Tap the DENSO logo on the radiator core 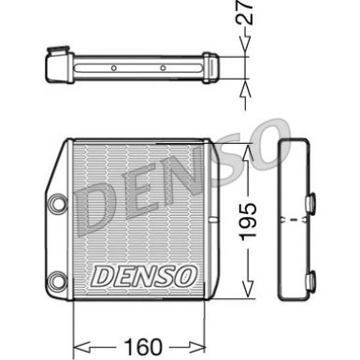pyautogui.click(x=143, y=276)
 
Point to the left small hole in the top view pyautogui.click(x=114, y=68)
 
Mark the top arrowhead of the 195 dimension pyautogui.click(x=247, y=149)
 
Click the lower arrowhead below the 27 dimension pyautogui.click(x=247, y=86)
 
